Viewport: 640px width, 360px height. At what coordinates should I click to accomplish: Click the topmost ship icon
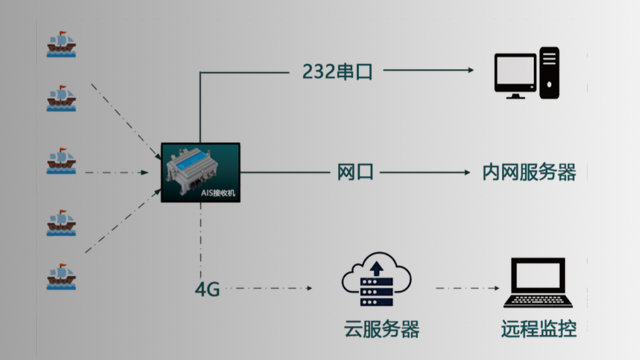[62, 44]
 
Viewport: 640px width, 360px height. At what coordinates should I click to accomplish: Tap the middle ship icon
[62, 162]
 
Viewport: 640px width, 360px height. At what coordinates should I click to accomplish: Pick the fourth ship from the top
[62, 222]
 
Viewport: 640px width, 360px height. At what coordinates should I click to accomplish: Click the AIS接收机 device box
[201, 171]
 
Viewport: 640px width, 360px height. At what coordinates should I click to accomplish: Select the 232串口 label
[335, 71]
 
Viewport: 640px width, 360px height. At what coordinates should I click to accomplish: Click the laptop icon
[539, 284]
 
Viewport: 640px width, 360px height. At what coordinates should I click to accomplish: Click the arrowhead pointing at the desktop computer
[467, 71]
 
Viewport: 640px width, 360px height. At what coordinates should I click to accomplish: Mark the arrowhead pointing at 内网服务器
[467, 172]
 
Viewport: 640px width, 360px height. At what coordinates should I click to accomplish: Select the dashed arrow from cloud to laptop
[465, 290]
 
